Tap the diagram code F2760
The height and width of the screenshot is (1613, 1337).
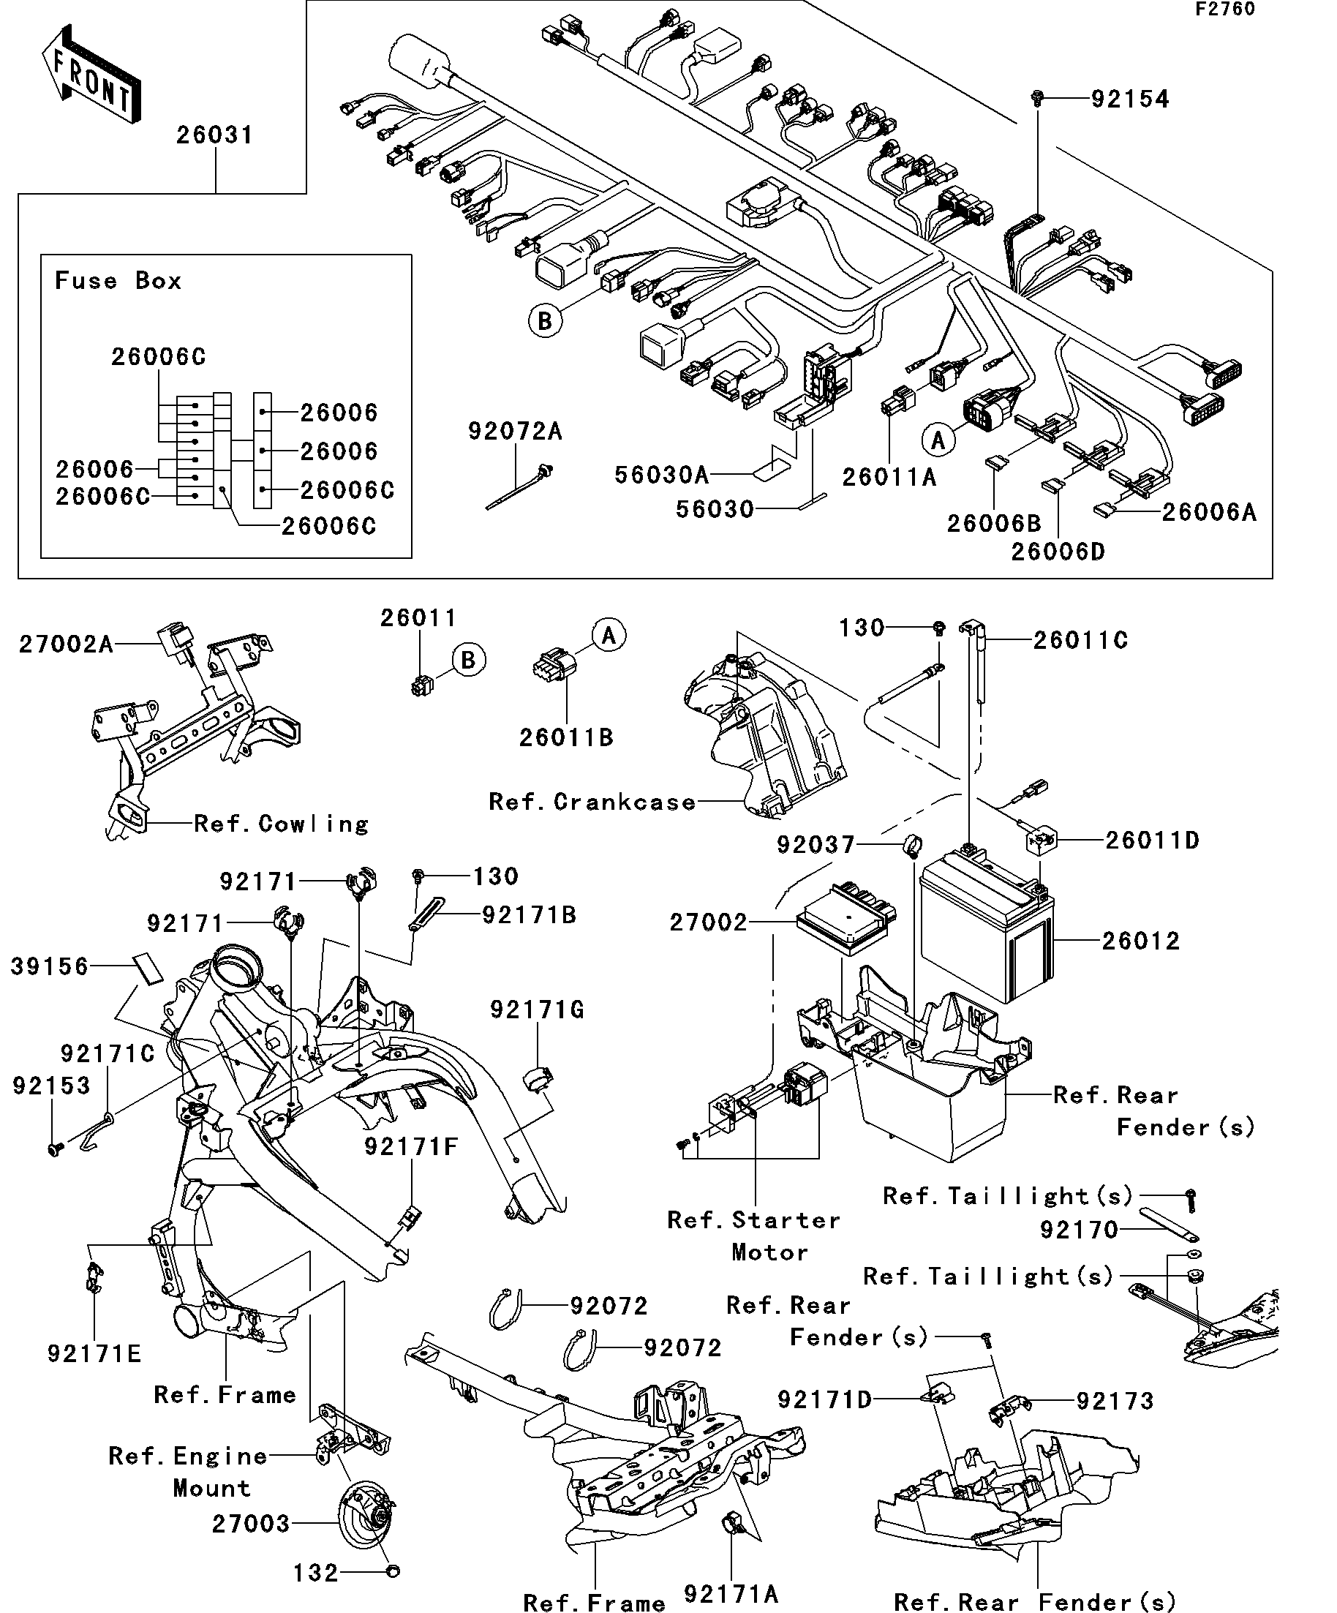click(1225, 10)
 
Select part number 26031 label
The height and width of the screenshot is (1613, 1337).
click(214, 135)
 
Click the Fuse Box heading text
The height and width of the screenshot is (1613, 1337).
click(118, 280)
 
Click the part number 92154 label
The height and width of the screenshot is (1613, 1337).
click(1130, 99)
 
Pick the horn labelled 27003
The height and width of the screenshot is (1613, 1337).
click(367, 1523)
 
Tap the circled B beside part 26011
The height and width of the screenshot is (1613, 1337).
click(467, 661)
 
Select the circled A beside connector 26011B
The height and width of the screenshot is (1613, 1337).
click(609, 635)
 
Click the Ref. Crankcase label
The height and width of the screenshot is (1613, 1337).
click(592, 802)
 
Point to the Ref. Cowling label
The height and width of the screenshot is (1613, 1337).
click(281, 824)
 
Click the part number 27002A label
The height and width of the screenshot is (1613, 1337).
click(66, 644)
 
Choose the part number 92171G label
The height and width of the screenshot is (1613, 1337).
click(537, 1010)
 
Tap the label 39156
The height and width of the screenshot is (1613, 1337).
click(50, 966)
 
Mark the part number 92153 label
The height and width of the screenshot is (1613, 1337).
click(51, 1086)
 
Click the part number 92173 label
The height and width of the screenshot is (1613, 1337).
click(1115, 1401)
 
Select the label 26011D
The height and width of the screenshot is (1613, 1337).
click(1152, 841)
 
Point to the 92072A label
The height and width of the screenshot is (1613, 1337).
click(516, 432)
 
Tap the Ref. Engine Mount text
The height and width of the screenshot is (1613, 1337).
click(189, 1471)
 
